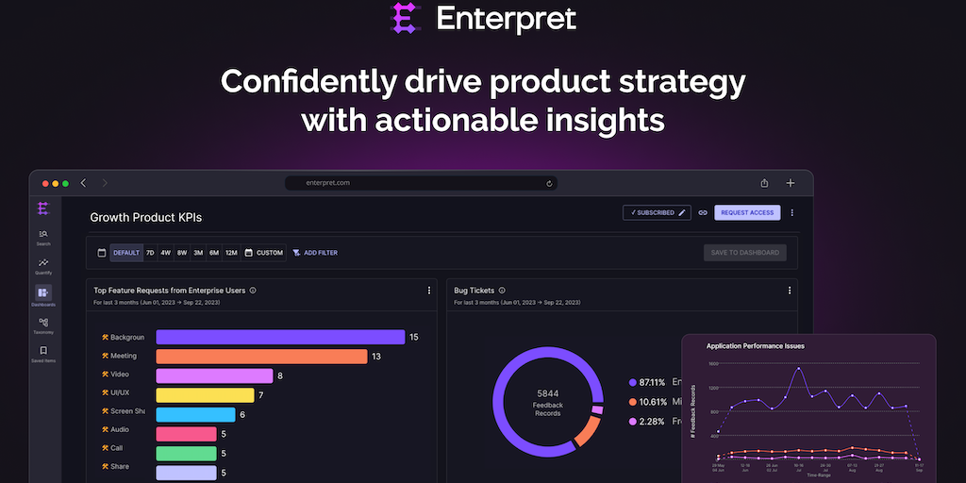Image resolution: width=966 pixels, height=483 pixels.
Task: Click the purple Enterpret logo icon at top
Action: coord(405,18)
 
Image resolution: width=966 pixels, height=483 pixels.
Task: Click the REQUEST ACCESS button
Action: coord(746,212)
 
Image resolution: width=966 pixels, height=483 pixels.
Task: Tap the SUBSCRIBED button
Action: coord(657,212)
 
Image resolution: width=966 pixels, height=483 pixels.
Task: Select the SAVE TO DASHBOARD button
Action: coord(744,253)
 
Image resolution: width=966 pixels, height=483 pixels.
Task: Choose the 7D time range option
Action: coord(150,253)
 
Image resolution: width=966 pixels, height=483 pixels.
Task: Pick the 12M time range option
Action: coord(230,253)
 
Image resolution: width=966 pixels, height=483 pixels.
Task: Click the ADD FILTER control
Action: coord(315,253)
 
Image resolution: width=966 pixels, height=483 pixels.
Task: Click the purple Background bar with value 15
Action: coord(279,337)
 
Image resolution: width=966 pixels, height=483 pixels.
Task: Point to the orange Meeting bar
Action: coord(260,356)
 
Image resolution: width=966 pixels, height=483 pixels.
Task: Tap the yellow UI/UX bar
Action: coord(205,394)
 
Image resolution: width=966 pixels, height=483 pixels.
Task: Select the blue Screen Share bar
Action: coord(195,414)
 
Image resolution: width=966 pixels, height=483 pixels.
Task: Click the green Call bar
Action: coord(186,453)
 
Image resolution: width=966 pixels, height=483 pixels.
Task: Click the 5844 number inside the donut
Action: coord(548,392)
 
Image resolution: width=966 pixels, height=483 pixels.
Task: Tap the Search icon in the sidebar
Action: coord(43,237)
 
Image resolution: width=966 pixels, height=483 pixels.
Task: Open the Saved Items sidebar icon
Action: coord(43,354)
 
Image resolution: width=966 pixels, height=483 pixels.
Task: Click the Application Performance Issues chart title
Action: coord(755,346)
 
